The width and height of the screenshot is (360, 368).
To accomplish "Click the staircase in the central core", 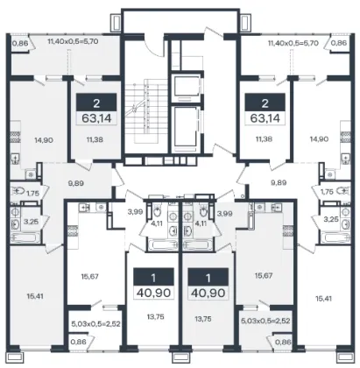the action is (142, 110).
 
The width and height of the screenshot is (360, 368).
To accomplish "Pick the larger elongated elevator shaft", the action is (186, 129).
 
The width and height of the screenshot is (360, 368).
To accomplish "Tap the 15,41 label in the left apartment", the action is (35, 296).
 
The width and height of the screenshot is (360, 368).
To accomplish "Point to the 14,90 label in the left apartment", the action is (44, 140).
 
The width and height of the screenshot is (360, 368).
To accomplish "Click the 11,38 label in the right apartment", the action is (264, 139).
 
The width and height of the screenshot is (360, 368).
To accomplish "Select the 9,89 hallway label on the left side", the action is (75, 183).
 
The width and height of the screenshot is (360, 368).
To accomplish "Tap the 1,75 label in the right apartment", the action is (327, 192).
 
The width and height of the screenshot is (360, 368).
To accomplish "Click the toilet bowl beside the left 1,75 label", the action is (18, 191).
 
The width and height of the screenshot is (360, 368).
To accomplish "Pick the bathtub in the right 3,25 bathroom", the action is (335, 237).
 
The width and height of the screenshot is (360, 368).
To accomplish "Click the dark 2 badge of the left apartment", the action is (96, 103).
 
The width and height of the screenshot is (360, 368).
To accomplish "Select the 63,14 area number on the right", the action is (265, 118).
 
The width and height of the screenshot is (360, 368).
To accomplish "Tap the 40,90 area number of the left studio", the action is (153, 293).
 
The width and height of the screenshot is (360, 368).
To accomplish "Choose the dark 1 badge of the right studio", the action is (208, 277).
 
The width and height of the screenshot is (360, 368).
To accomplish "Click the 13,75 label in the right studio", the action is (203, 319).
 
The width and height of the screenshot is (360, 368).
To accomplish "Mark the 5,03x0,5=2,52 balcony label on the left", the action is (95, 323).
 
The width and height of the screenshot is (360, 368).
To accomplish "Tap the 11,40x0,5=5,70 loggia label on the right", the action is (293, 44).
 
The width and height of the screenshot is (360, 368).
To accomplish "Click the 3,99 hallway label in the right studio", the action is (225, 214).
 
